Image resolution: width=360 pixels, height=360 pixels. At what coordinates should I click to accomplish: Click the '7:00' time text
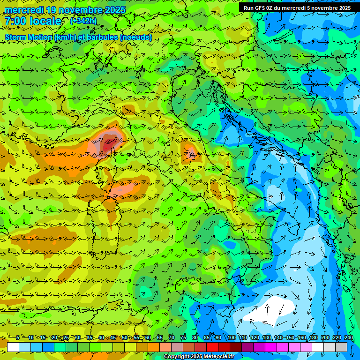pos(15,21)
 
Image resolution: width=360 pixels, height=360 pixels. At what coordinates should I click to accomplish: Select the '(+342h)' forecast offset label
pos(83,21)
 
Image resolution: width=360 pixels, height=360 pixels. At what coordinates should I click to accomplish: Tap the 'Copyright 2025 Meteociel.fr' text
pos(199,357)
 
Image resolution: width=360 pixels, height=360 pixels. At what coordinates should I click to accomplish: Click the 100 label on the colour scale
pos(232,338)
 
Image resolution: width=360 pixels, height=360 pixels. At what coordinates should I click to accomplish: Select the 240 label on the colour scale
pos(349,338)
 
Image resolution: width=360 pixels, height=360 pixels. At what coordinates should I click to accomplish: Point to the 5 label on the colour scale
pos(17,338)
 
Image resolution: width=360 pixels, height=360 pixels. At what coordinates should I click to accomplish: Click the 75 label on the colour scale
pos(183,338)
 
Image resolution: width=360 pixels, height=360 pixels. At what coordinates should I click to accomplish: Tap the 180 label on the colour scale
pos(313,338)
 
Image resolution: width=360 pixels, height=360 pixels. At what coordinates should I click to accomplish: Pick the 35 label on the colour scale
pos(90,338)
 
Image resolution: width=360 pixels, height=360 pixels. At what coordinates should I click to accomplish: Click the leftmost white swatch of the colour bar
pos(13,347)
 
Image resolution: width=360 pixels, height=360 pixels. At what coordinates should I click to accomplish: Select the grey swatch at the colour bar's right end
pos(341,347)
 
